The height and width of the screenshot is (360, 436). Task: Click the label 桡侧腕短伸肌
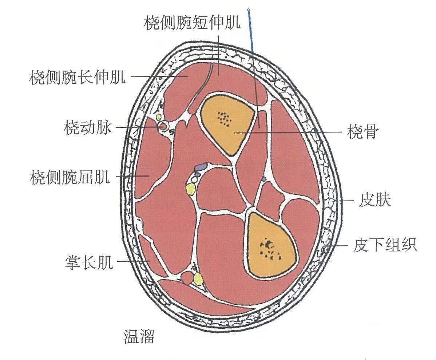pos(192,24)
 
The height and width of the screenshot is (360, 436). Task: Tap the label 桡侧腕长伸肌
pos(77,78)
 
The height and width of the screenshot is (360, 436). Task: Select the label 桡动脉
pos(88,128)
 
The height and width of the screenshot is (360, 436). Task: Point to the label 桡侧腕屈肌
pos(70,178)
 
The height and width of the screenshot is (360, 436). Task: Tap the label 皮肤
pos(375,200)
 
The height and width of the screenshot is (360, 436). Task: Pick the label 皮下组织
pos(384,246)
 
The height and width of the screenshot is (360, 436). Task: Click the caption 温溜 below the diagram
pos(139,337)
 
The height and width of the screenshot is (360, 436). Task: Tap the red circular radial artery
pos(163,126)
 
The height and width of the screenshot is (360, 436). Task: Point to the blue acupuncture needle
pos(251,33)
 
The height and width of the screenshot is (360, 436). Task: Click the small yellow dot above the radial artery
pos(159,117)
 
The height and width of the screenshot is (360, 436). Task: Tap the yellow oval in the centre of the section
pos(190,189)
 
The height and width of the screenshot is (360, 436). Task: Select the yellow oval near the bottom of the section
pos(198,279)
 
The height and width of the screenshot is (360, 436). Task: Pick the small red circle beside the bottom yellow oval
pos(187,278)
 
